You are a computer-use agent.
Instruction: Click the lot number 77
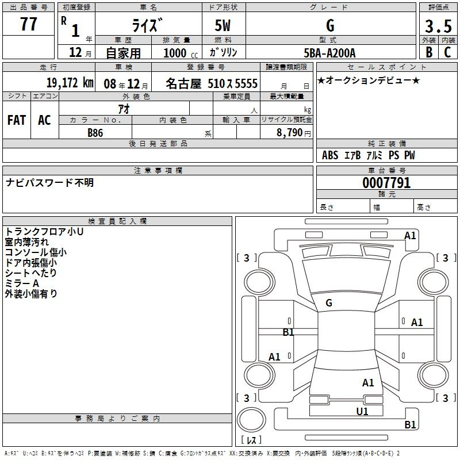point(28,24)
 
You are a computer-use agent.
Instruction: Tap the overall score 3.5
point(438,26)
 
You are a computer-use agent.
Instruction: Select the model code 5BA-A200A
point(329,53)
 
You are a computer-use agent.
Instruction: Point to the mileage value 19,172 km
point(70,83)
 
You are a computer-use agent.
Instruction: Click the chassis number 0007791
point(386,183)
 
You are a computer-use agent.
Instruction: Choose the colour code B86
point(95,133)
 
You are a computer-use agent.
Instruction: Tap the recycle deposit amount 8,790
point(290,132)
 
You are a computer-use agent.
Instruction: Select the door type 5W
point(223,25)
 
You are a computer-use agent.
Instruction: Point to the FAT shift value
point(17,120)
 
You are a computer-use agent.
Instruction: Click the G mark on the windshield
point(329,303)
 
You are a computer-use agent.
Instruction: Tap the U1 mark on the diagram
point(362,411)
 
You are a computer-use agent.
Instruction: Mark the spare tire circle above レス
point(251,420)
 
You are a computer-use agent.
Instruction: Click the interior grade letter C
point(447,52)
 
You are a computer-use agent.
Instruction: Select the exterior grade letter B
point(429,52)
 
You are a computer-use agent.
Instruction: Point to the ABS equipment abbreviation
point(330,155)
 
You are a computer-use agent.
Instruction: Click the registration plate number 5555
point(246,83)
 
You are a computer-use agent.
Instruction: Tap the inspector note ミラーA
point(22,283)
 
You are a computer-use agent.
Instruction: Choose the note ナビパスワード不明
point(49,182)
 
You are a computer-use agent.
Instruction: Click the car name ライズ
point(147,25)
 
